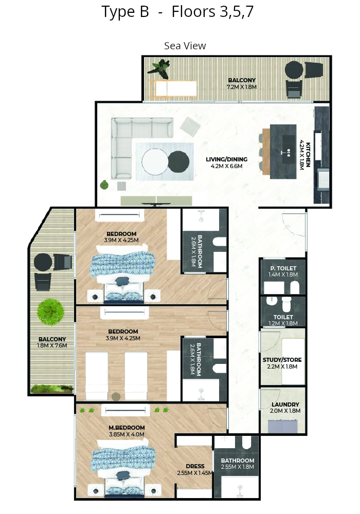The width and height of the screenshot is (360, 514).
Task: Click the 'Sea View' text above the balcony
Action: tap(185, 46)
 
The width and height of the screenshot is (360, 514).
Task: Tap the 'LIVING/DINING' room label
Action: tap(227, 159)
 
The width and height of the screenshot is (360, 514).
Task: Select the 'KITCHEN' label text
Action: tap(308, 155)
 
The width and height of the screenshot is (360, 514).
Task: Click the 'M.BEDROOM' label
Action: tap(127, 428)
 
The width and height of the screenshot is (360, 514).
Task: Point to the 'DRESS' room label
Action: tap(195, 466)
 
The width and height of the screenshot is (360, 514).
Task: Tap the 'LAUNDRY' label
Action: tap(285, 405)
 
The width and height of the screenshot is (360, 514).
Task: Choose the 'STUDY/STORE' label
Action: tap(282, 360)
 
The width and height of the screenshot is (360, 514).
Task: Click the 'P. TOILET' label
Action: tap(283, 268)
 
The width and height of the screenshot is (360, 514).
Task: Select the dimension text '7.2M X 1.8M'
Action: tap(242, 87)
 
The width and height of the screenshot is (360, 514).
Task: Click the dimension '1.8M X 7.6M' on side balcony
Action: tap(52, 345)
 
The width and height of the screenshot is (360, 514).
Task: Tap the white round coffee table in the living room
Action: tap(155, 162)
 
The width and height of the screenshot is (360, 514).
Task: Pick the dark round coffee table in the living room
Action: tap(178, 161)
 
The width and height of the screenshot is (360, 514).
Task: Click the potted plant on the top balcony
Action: tap(159, 69)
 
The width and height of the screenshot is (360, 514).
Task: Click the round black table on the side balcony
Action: tap(43, 262)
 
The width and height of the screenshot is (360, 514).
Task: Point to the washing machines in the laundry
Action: tap(283, 427)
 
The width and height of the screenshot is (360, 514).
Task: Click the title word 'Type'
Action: tap(118, 12)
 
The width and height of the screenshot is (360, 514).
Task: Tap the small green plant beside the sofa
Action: tap(104, 185)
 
